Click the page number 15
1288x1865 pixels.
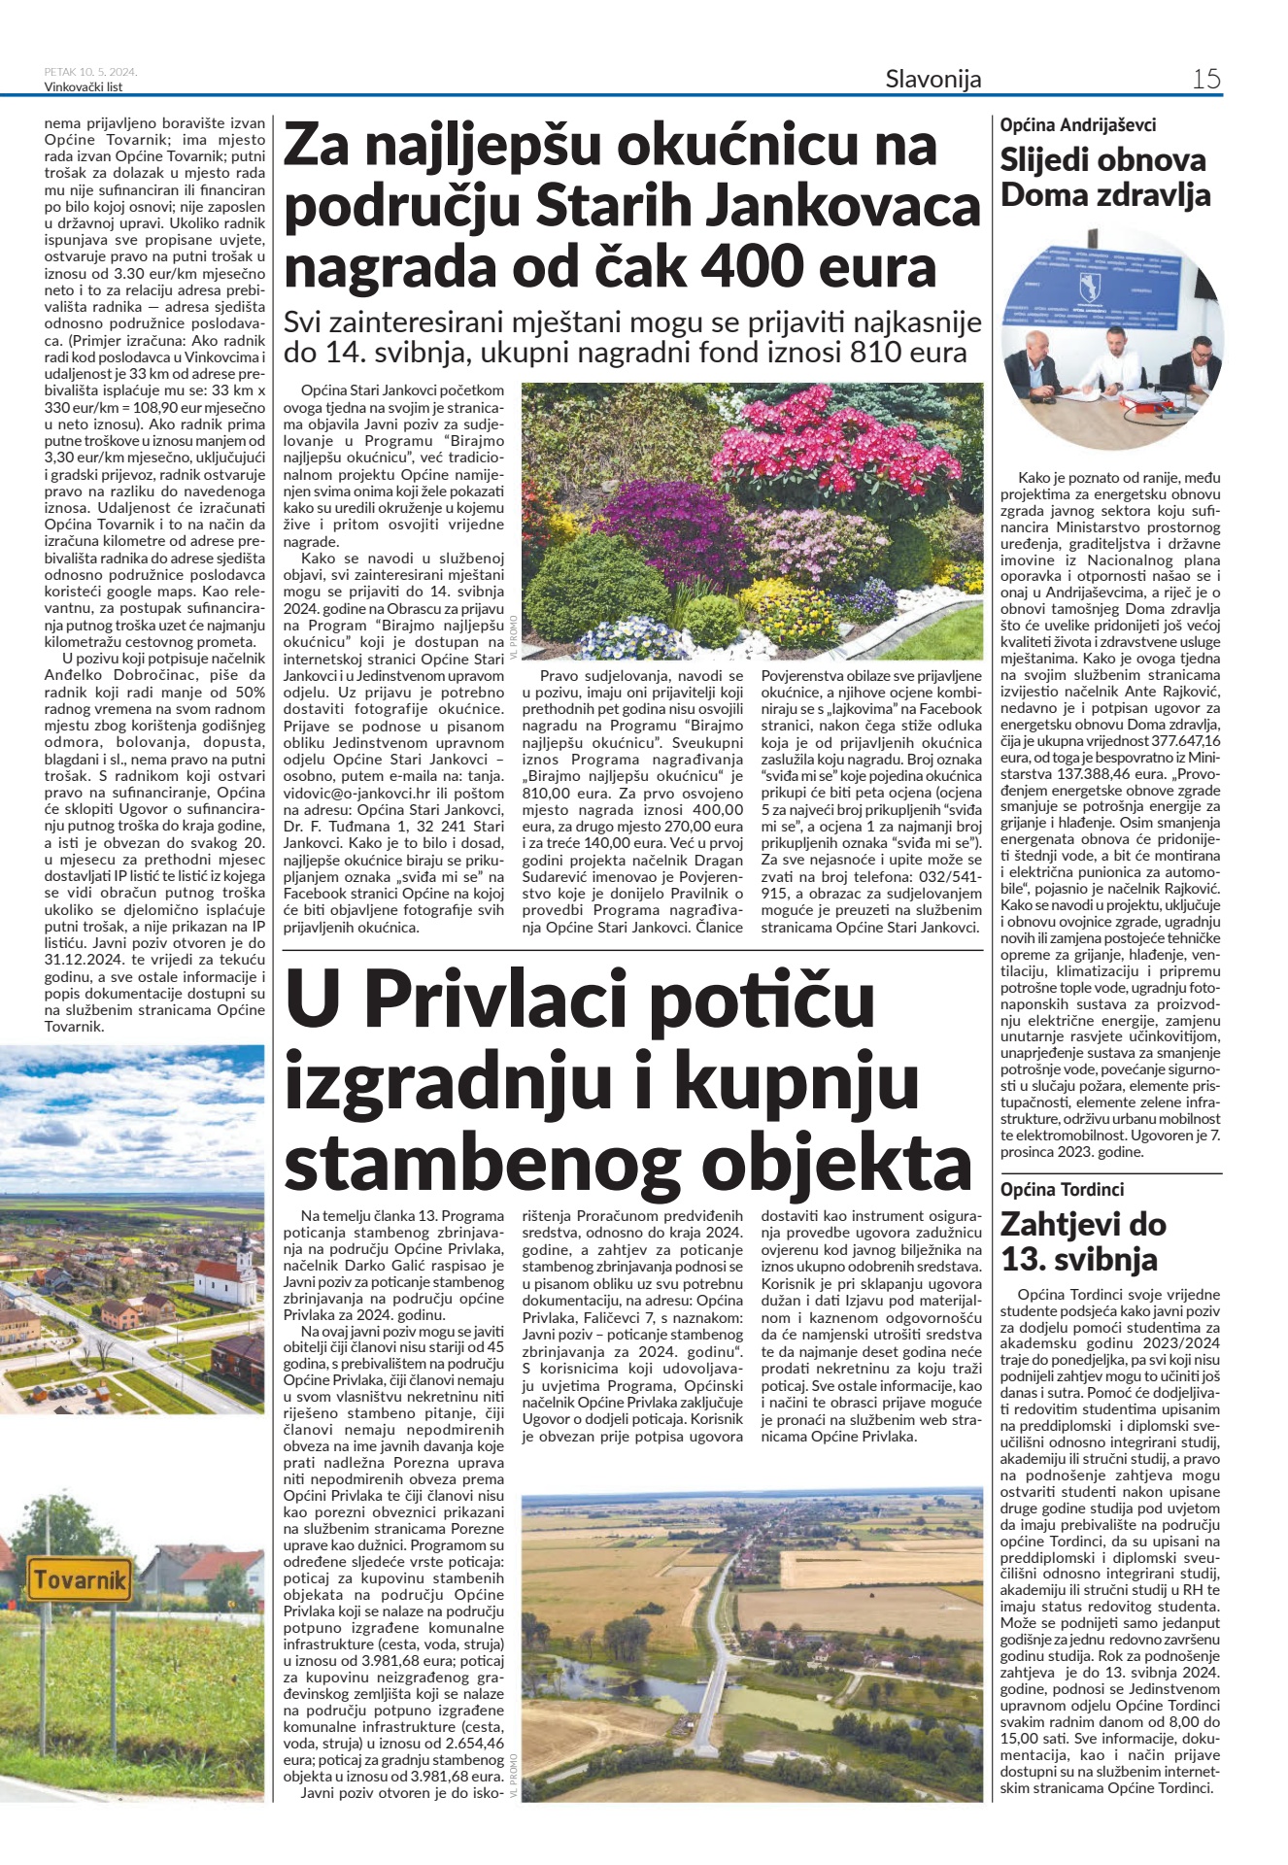point(1205,79)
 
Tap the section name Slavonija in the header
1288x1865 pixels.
point(932,79)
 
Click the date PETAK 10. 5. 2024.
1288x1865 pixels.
point(90,72)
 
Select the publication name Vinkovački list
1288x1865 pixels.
point(84,86)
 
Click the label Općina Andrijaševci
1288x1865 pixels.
point(1078,124)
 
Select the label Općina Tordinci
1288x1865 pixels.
point(1062,1189)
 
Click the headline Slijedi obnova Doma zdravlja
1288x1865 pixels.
point(1105,177)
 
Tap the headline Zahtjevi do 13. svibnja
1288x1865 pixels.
point(1082,1241)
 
